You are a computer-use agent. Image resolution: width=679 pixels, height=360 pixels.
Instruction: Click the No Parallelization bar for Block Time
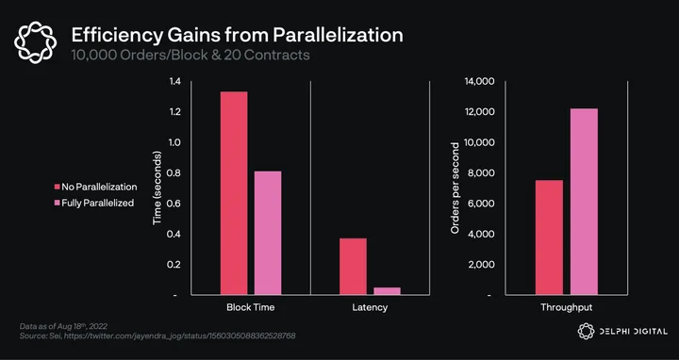pos(234,193)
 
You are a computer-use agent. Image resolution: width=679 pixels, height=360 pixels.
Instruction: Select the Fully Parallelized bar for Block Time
pos(268,233)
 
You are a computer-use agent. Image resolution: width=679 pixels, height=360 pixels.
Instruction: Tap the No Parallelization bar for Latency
pos(353,267)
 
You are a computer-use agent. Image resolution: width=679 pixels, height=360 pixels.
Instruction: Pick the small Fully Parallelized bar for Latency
pos(388,291)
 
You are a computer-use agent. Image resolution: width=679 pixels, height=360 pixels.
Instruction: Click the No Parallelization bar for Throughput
pos(549,237)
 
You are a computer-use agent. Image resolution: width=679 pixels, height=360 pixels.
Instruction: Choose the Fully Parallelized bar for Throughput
pos(584,202)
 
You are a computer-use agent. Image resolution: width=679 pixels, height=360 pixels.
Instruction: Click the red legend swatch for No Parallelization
pos(57,187)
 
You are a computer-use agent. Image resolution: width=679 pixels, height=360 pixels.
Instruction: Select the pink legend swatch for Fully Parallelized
pos(57,203)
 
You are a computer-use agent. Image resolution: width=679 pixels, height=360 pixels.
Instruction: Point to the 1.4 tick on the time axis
pos(174,81)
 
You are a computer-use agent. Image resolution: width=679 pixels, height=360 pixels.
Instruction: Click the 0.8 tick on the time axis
pos(174,173)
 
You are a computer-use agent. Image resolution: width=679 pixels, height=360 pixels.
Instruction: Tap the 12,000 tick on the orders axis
pos(479,112)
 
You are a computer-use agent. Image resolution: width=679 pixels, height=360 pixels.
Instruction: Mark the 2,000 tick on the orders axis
pos(481,265)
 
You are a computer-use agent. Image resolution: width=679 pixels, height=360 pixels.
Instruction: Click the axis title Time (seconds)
pos(157,188)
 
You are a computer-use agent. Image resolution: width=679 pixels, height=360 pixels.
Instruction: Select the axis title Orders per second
pos(455,188)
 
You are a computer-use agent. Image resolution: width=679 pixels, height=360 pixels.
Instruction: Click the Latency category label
pos(370,307)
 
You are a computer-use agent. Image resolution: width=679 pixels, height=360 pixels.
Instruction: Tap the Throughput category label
pos(567,307)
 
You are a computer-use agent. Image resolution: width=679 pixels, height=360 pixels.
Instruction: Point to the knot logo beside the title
pos(35,42)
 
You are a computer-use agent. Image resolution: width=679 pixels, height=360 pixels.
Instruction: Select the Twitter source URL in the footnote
pos(180,335)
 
